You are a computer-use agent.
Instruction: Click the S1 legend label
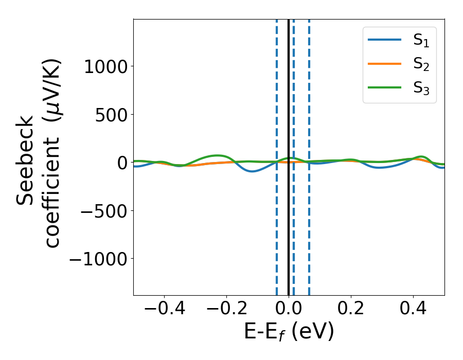(421, 41)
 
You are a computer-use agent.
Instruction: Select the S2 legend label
(421, 64)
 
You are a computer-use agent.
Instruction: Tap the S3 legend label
(421, 88)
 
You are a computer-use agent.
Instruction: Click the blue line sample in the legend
(385, 40)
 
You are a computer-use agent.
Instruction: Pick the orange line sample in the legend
(385, 64)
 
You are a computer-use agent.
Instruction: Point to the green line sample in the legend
(385, 87)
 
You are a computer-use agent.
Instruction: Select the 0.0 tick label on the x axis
(289, 310)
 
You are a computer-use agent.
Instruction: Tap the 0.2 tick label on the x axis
(351, 310)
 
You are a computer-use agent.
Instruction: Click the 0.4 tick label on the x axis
(413, 310)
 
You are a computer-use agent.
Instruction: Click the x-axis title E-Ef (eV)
(289, 332)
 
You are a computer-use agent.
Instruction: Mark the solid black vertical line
(289, 231)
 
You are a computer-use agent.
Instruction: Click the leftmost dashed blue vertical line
(277, 231)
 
